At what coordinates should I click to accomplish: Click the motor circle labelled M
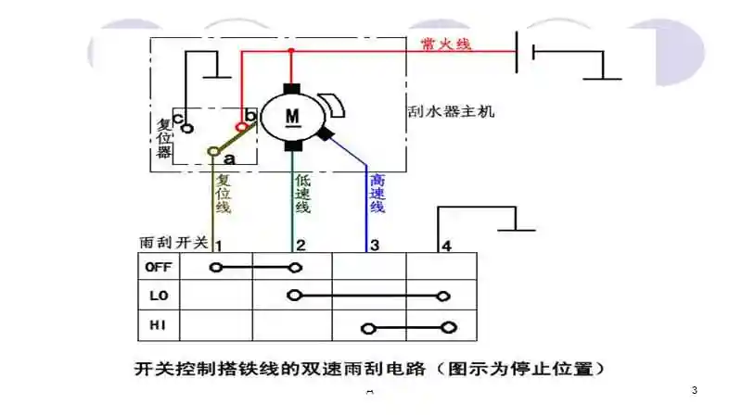coord(291,115)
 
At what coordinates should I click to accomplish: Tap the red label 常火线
coord(446,43)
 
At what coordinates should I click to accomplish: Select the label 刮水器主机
coord(452,111)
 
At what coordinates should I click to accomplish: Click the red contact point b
coord(243,126)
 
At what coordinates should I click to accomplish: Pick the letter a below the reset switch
coord(229,159)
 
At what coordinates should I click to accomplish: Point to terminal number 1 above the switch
coord(218,246)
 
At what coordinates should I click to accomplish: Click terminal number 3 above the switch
coord(374,246)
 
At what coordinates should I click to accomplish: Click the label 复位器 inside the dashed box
coord(163,137)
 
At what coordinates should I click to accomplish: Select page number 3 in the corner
coord(694,390)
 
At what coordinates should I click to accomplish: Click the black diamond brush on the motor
coord(326,134)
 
